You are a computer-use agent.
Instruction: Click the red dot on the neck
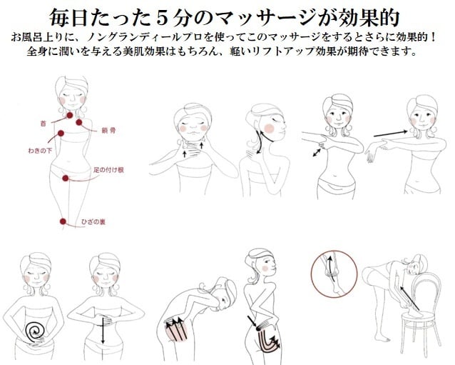(70, 116)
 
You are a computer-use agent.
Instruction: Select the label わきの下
(40, 151)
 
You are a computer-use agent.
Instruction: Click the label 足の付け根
(109, 170)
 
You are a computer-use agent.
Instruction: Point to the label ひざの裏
(93, 221)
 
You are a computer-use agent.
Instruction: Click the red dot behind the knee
(63, 221)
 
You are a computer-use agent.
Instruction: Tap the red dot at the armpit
(61, 134)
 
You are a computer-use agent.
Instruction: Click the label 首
(44, 124)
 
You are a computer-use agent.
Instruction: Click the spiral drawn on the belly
(35, 331)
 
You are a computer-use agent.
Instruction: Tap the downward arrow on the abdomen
(103, 331)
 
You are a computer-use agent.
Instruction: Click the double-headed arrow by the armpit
(317, 153)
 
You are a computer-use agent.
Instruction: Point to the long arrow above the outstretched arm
(391, 134)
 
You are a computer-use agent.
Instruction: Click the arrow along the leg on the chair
(410, 298)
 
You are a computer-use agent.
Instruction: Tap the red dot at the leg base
(66, 178)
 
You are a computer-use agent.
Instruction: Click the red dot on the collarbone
(79, 122)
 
